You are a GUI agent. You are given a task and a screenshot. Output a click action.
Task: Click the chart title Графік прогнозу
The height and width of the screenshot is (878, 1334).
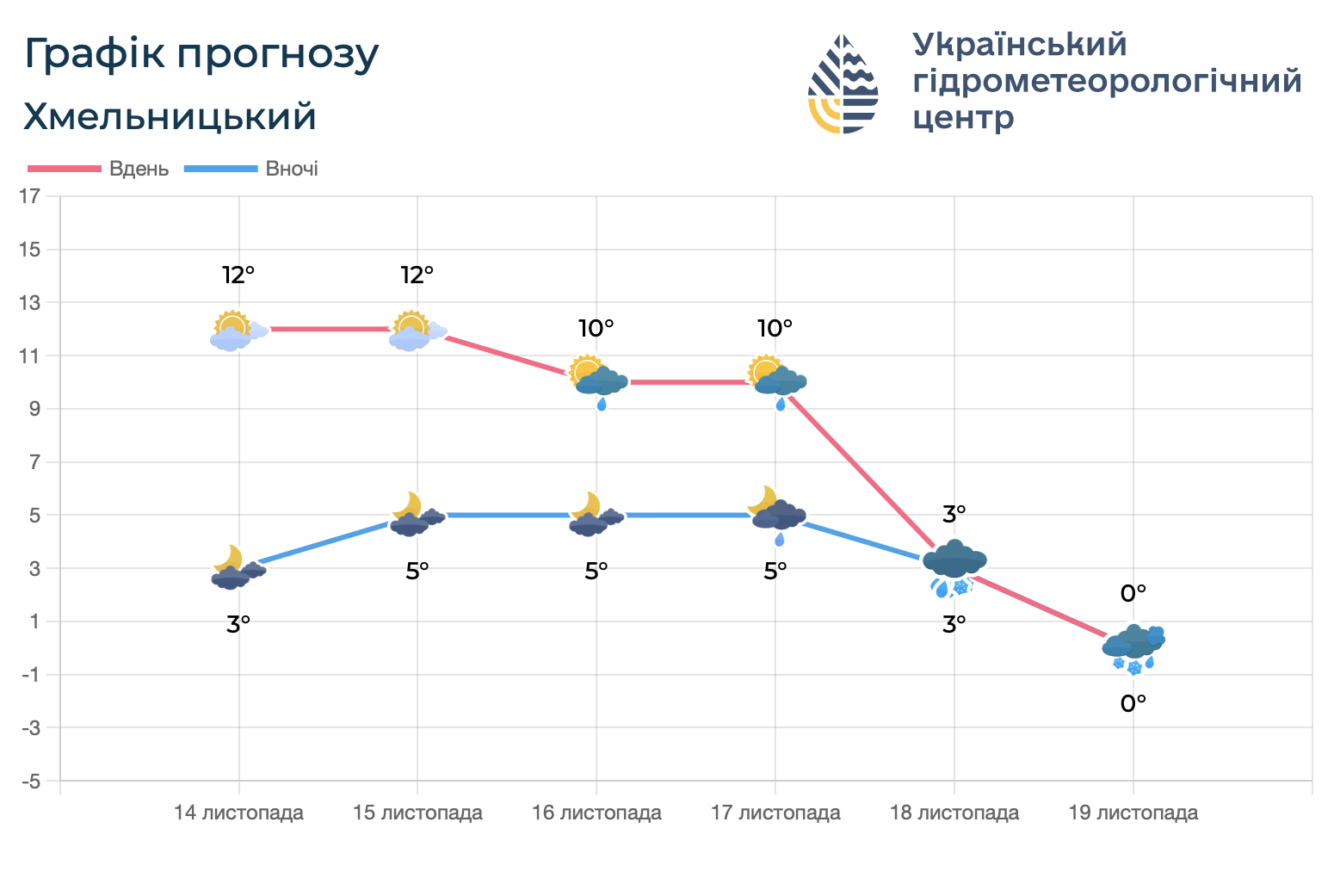point(201,54)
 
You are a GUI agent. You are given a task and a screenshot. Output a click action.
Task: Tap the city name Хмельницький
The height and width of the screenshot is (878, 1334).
point(170,117)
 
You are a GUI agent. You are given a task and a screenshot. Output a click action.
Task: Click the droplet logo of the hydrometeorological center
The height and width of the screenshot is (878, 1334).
point(843,83)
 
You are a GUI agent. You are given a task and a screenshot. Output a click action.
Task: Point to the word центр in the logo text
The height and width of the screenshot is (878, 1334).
point(963,117)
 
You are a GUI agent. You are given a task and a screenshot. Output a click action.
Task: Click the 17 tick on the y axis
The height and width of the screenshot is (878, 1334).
point(30,196)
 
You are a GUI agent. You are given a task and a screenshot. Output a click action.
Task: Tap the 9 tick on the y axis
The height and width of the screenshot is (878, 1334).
point(34,409)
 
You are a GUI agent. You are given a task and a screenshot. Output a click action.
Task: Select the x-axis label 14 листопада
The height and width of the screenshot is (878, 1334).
point(238,813)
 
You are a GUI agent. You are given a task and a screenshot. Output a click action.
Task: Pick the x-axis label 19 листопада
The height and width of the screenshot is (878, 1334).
point(1133,813)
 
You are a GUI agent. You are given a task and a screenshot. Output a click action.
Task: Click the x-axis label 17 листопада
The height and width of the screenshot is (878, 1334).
point(775,813)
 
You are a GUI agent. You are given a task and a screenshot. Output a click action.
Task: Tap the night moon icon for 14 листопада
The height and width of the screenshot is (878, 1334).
point(238,568)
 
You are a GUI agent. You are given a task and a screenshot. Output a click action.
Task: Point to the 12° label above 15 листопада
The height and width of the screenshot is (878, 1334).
point(417,275)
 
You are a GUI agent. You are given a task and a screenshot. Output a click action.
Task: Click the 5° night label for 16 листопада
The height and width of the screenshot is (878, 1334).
point(596,571)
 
